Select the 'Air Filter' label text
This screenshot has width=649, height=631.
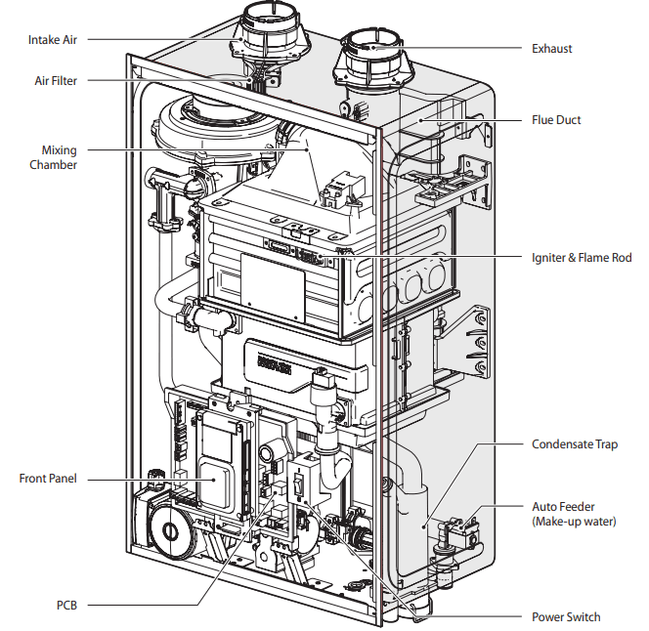pos(55,81)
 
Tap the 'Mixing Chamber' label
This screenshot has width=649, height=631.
pos(59,157)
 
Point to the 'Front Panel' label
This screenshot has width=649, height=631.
pos(48,479)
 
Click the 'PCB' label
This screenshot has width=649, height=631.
pos(65,606)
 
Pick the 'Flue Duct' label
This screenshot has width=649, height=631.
pos(556,120)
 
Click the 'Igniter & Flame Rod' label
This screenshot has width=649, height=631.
pos(582,258)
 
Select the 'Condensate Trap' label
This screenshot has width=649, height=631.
pos(575,444)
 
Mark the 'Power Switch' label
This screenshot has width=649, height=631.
pos(566,616)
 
